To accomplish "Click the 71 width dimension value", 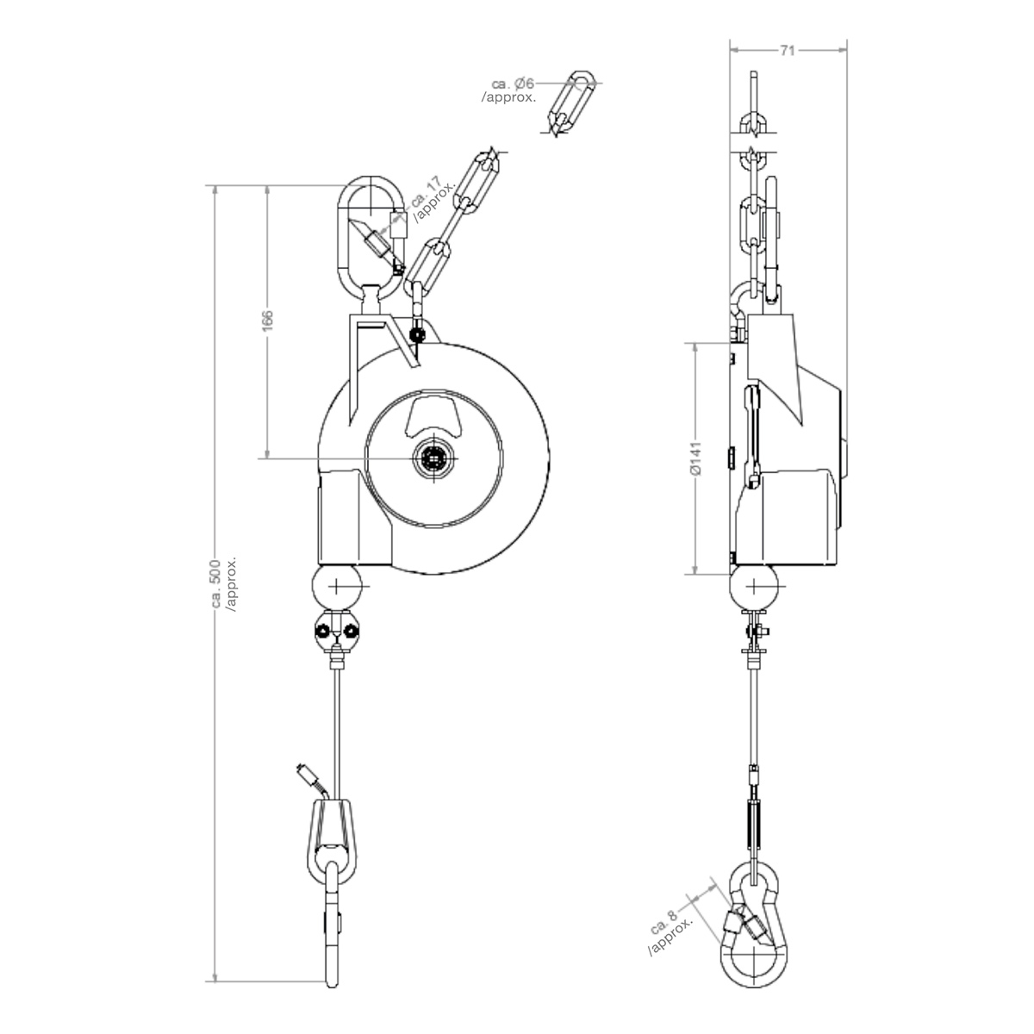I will click(x=787, y=51).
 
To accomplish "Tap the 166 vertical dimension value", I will click(x=267, y=320).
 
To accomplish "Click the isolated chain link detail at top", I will click(x=571, y=102).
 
